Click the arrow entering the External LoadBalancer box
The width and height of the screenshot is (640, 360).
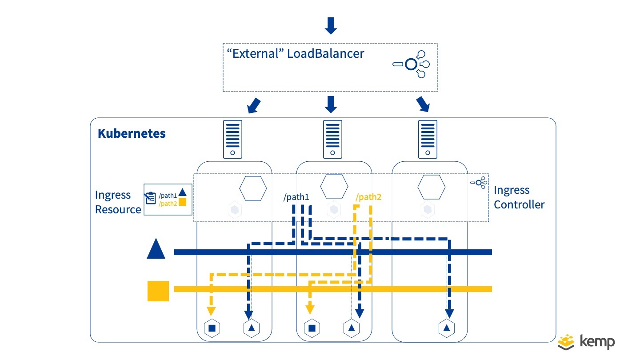tap(331, 26)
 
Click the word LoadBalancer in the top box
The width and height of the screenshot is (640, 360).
tap(325, 54)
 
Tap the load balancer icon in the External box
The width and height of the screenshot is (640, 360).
tap(412, 65)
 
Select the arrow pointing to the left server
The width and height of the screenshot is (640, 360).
tap(253, 106)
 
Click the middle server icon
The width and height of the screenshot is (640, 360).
tap(332, 139)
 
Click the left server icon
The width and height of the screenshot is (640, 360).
tap(233, 139)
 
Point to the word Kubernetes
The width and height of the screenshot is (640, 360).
tap(132, 133)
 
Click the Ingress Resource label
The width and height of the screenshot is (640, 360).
tap(118, 202)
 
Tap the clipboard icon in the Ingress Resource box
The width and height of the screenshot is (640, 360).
tap(150, 198)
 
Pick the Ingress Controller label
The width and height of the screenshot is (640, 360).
tap(519, 197)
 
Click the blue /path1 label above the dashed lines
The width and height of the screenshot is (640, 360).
tap(296, 197)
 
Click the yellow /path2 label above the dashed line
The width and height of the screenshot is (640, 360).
tap(368, 197)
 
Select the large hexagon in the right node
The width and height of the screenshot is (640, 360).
tap(431, 188)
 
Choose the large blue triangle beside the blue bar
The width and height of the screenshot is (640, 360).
tap(156, 249)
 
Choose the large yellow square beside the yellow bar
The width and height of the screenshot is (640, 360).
tap(158, 291)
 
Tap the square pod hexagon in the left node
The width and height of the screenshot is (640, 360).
tap(212, 328)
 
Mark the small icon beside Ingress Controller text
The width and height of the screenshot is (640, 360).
tap(479, 182)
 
